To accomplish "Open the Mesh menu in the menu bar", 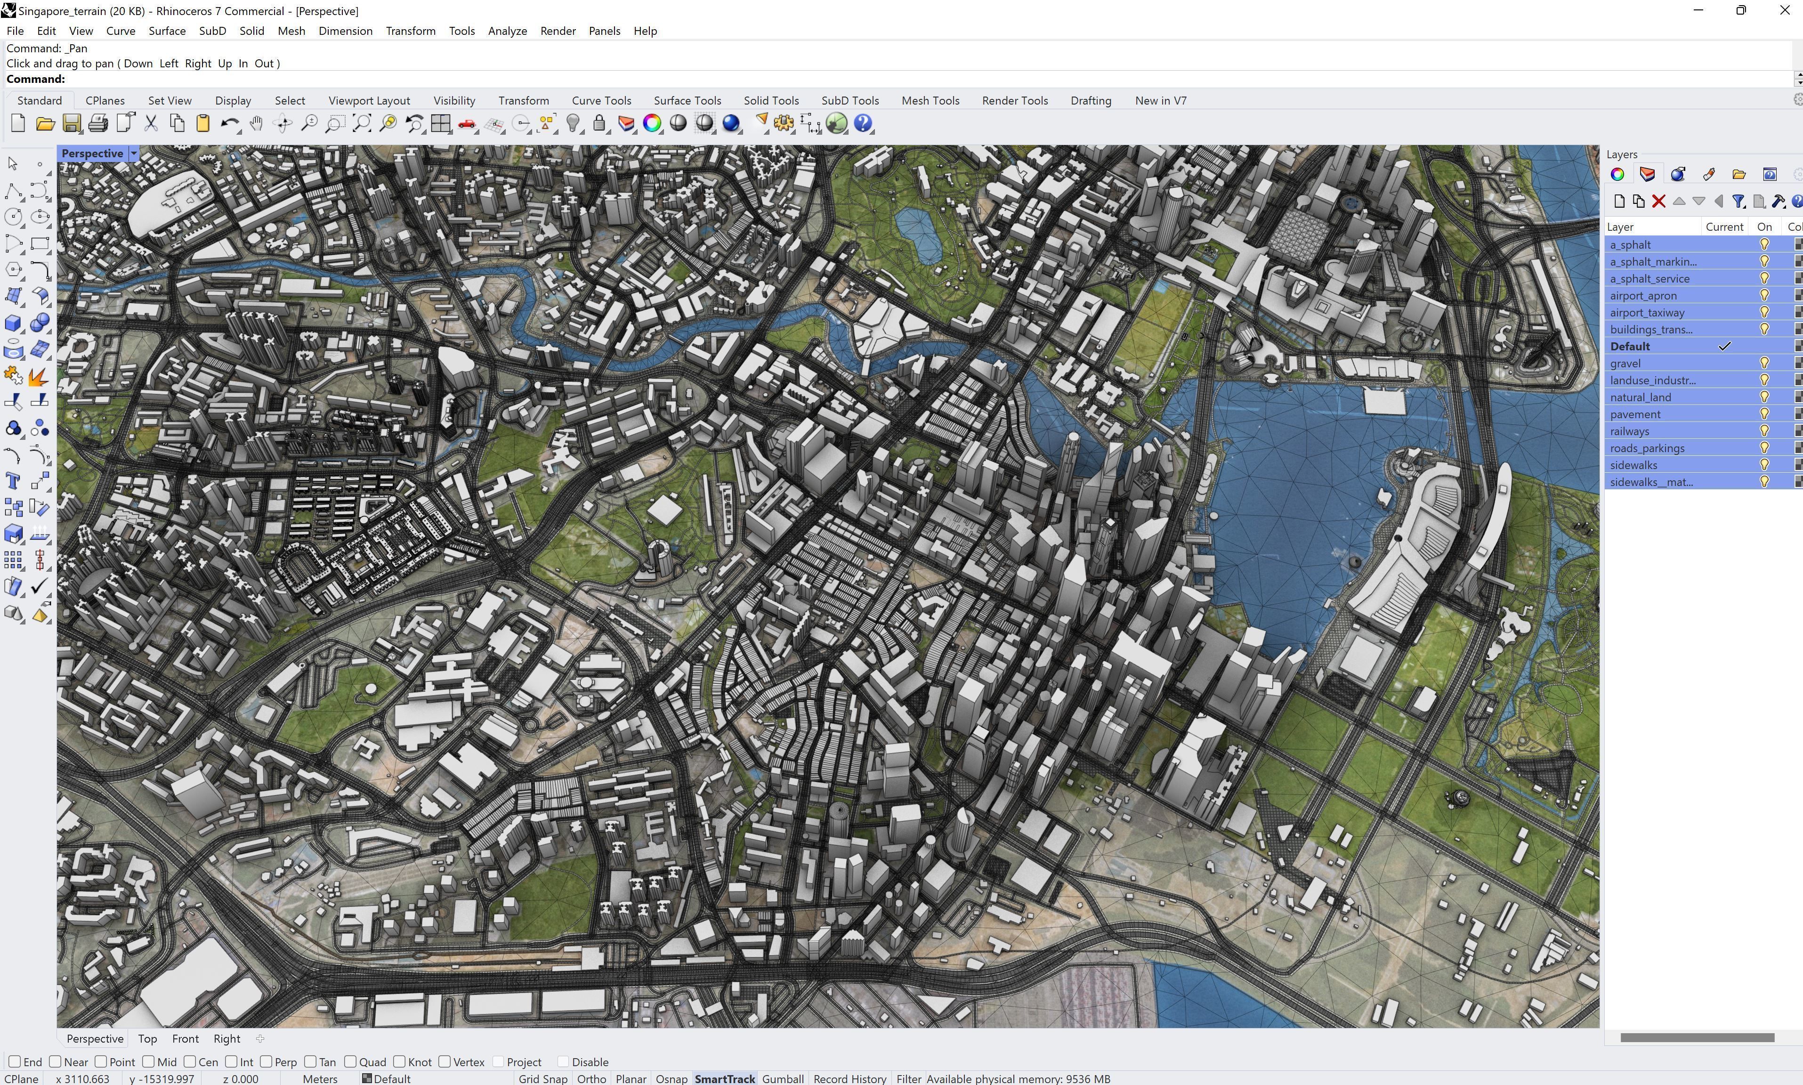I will [x=291, y=31].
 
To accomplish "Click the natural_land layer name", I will [x=1640, y=397].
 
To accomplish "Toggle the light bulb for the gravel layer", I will [x=1763, y=364].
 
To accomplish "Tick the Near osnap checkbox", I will [x=56, y=1061].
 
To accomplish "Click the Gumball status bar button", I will [x=783, y=1078].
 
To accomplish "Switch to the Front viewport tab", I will [x=185, y=1038].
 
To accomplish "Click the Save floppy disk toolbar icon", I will [x=72, y=123].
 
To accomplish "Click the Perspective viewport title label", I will [x=92, y=153].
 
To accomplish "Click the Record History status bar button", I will [x=849, y=1078].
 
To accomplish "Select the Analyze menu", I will [x=507, y=31].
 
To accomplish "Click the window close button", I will [x=1784, y=10].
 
